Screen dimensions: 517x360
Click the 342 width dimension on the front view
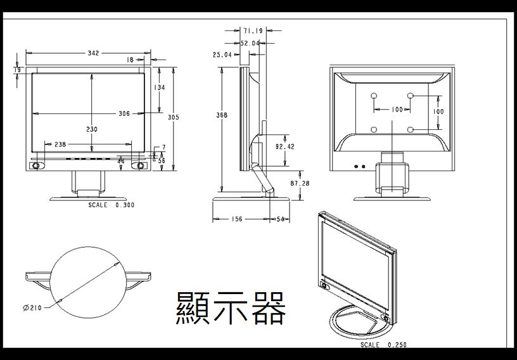[93, 53]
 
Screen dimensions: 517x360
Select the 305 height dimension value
[174, 117]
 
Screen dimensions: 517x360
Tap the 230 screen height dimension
[92, 129]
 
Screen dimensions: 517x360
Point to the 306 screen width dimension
[124, 113]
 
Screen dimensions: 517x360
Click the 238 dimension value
[60, 145]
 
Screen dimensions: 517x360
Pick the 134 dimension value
[159, 87]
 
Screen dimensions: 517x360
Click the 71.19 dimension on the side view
[253, 30]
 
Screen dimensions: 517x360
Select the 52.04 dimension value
[250, 43]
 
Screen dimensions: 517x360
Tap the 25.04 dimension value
[222, 55]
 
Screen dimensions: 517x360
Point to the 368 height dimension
[222, 115]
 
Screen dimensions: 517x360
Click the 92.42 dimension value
[285, 147]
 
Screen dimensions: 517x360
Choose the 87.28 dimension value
[300, 183]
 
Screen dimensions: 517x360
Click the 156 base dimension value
[237, 219]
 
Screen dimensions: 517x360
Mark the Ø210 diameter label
[32, 308]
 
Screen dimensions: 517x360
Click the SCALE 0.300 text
[112, 205]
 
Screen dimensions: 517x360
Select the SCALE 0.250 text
[383, 345]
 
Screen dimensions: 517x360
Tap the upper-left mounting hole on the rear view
[374, 96]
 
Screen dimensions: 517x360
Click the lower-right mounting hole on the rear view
[411, 130]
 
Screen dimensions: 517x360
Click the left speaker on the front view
[36, 165]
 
